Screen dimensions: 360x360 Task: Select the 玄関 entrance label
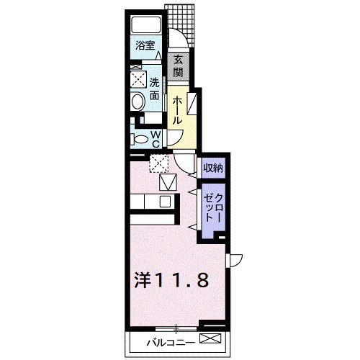click(x=179, y=66)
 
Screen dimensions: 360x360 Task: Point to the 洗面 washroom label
click(x=154, y=86)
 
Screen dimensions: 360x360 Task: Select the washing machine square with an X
click(x=137, y=80)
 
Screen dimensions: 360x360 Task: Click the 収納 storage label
click(x=212, y=168)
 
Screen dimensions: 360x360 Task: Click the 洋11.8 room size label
click(x=172, y=280)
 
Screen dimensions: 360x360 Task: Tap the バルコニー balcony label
click(x=171, y=341)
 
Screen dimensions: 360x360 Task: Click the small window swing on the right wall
click(x=235, y=260)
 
